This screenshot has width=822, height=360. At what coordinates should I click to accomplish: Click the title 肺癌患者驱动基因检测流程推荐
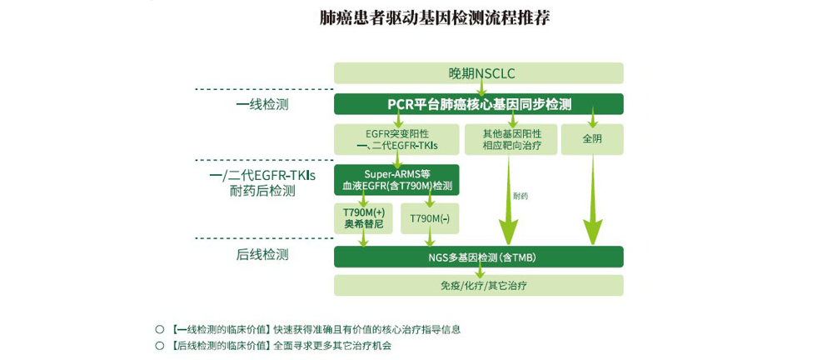435,17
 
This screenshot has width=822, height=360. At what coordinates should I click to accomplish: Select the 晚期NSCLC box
478,73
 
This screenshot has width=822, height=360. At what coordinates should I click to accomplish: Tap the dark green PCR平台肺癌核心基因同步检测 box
478,104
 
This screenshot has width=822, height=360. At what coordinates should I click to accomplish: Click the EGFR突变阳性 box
396,139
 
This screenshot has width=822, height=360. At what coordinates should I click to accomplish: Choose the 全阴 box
591,139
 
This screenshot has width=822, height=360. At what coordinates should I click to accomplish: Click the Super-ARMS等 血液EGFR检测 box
396,179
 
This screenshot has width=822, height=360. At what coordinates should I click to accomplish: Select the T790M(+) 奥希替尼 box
362,218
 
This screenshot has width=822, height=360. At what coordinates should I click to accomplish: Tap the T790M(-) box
430,218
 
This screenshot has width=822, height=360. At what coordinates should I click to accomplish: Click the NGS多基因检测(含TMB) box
478,257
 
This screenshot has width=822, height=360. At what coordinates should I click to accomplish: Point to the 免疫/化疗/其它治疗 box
478,285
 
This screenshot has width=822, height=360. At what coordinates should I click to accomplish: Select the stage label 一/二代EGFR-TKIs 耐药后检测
262,183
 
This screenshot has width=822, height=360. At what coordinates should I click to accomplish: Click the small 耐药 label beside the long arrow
521,197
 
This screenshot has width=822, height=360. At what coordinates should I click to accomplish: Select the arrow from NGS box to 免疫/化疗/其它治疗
480,271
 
